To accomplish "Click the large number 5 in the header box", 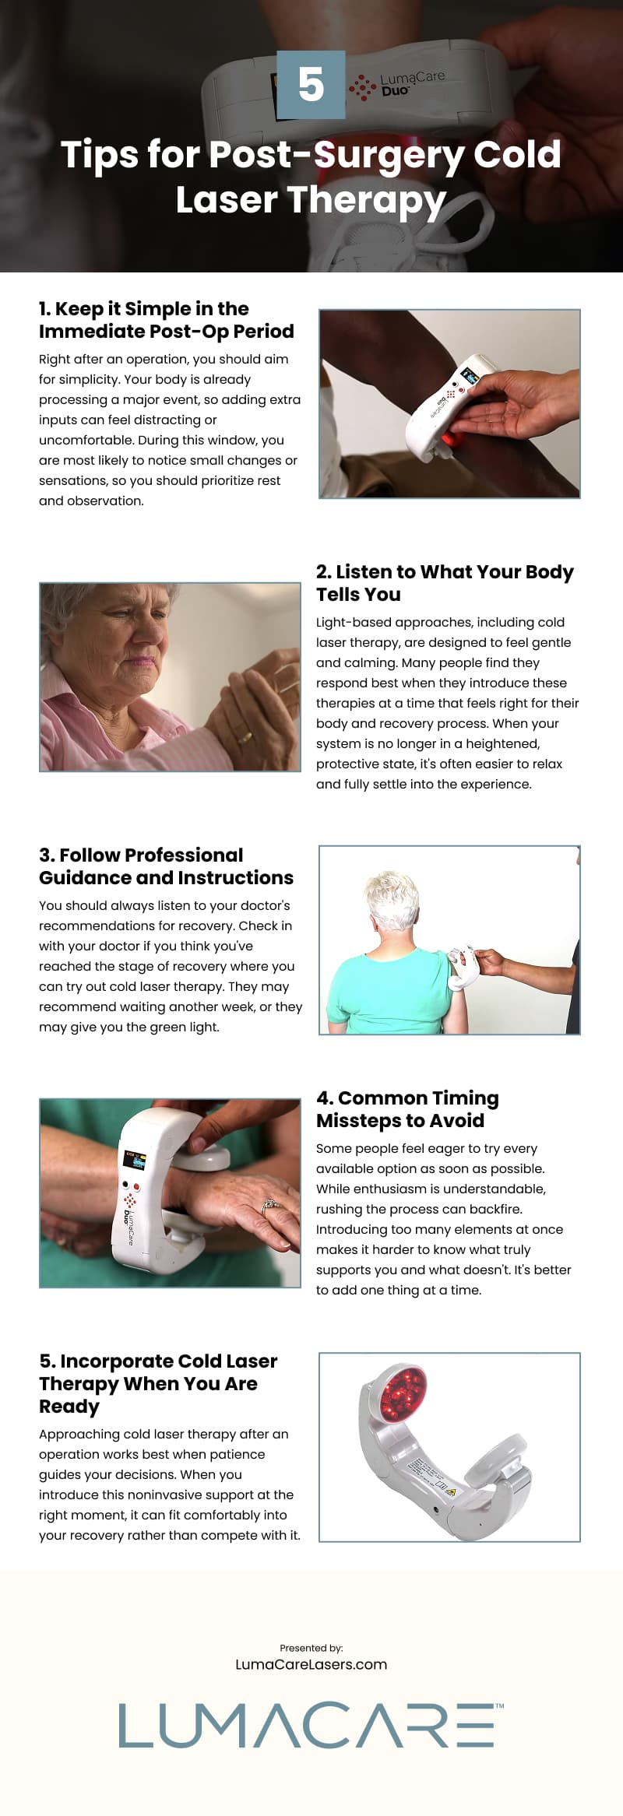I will click(311, 85).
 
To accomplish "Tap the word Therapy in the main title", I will click(367, 200).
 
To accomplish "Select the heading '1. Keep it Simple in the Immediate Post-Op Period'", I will click(166, 320).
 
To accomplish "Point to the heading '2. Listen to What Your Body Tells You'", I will click(444, 583).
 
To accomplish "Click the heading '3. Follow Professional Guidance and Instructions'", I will click(166, 866).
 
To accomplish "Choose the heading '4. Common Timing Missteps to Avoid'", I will click(407, 1109).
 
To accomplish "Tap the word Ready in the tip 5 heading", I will click(69, 1406).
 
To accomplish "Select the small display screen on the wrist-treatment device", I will click(133, 1160).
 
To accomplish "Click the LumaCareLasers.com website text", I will click(311, 1664).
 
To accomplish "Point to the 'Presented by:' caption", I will click(311, 1647).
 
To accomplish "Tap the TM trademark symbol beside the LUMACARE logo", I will click(499, 1705).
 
